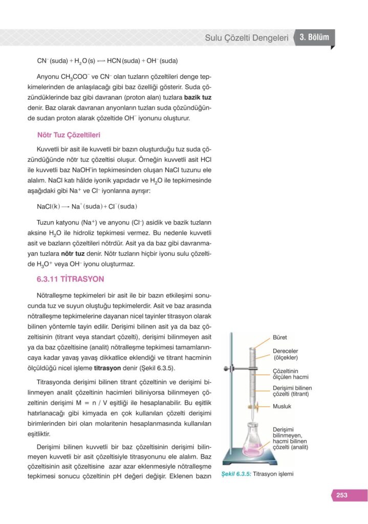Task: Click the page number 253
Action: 342,495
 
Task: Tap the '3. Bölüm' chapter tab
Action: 317,37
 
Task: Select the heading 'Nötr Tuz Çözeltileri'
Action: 69,136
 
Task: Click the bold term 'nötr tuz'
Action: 73,253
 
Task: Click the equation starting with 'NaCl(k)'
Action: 87,207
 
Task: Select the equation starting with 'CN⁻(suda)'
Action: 107,61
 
